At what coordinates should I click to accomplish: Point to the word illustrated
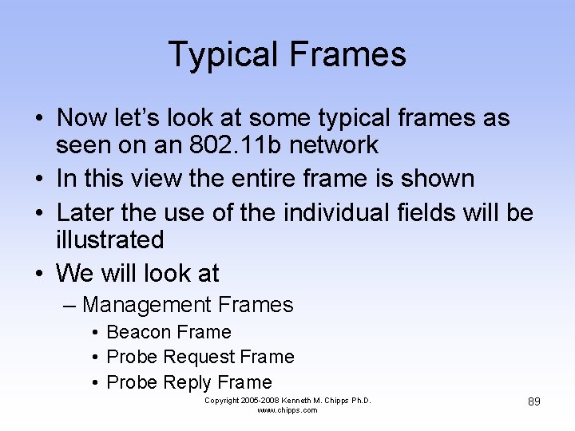(110, 239)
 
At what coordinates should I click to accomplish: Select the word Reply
(189, 382)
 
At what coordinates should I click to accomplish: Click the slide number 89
(534, 401)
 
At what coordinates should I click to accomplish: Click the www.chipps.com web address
(287, 410)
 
